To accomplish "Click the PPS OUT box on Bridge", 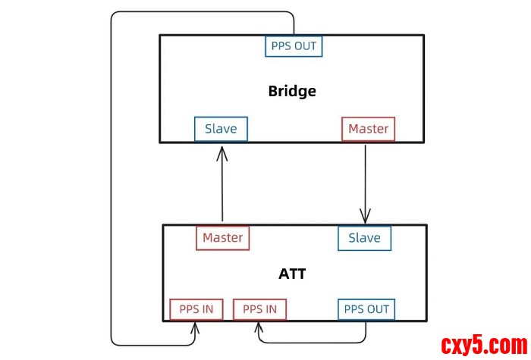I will click(x=294, y=46).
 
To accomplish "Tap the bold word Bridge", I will click(x=292, y=92).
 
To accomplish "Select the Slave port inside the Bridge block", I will click(x=221, y=129).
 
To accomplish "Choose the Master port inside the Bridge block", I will click(x=368, y=129).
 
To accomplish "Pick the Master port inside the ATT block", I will click(x=222, y=238).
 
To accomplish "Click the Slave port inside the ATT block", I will click(x=364, y=238).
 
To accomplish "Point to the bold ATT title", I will click(x=292, y=274).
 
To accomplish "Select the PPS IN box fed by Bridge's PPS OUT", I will click(x=196, y=309).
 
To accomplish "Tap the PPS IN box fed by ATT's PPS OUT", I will click(x=259, y=309).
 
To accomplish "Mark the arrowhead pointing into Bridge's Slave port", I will click(x=222, y=152).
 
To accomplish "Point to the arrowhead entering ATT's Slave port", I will click(x=366, y=218).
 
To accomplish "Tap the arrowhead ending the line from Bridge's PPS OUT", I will click(x=196, y=327).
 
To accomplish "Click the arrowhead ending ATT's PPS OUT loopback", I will click(x=259, y=327).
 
